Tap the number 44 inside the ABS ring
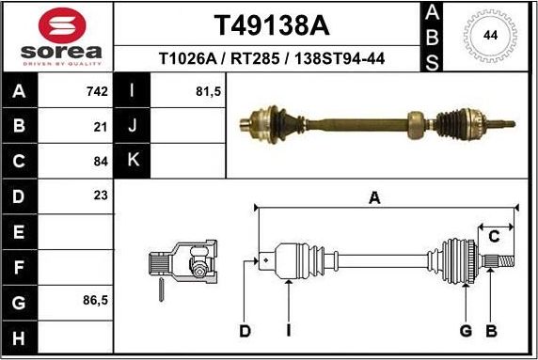coord(489,36)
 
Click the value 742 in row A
coord(96,92)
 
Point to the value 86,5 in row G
coord(94,301)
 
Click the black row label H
coord(21,337)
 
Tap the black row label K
coord(132,161)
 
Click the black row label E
coord(21,231)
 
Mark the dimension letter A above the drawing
coord(374,197)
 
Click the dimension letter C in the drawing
coord(493,235)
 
